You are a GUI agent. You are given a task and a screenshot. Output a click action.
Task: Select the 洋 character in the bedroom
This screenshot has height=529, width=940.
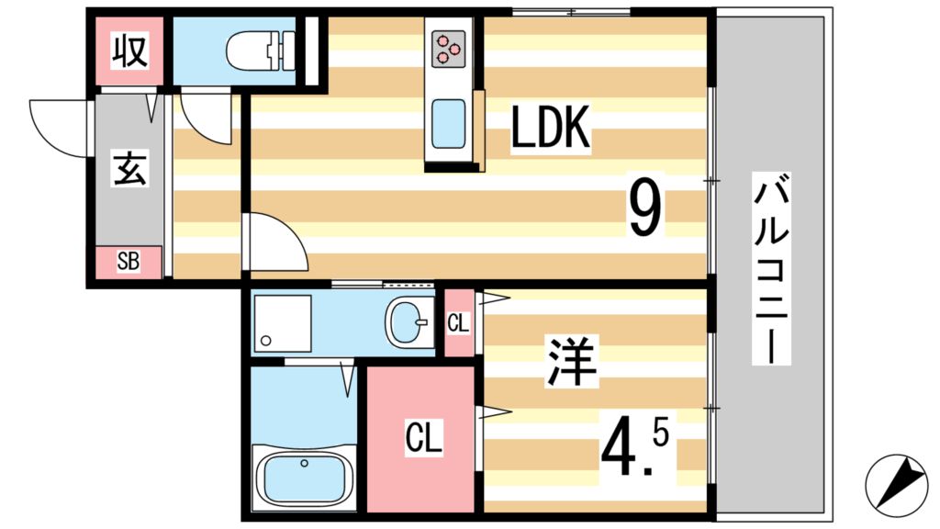[573, 360]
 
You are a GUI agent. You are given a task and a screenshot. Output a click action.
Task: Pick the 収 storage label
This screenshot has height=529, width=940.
[129, 50]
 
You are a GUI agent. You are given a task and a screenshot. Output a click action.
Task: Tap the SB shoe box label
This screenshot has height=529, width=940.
[128, 262]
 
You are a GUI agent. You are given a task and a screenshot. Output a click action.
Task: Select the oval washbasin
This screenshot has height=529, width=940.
[408, 323]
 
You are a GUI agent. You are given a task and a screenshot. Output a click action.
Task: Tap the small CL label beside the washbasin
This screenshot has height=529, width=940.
[458, 323]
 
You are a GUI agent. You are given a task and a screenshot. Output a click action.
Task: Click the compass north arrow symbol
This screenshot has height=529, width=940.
[896, 482]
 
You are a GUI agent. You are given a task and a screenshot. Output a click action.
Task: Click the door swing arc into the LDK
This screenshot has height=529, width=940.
[274, 242]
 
